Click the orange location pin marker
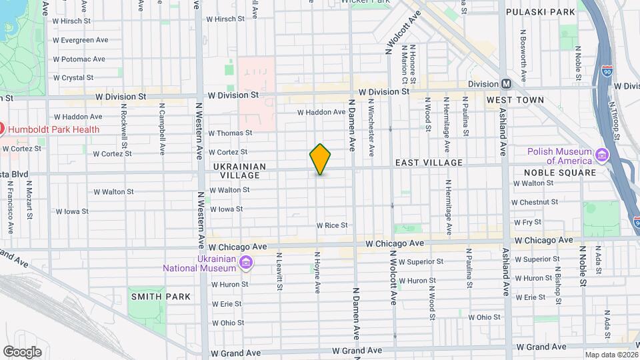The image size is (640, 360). coord(320,159)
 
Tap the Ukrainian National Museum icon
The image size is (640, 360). coord(246,263)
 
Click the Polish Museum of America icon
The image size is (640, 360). coord(602,155)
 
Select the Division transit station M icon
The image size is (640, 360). coord(506,84)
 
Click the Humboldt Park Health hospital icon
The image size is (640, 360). coord(3,129)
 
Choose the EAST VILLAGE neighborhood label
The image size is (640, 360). coord(429,163)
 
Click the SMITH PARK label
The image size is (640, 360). coord(160,297)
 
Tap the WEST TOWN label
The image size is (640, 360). coord(515,100)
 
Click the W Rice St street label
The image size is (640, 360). coord(332,225)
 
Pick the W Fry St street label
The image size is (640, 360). coord(527,222)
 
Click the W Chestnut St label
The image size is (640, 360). coord(534,202)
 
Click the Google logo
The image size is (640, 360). coord(22,351)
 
